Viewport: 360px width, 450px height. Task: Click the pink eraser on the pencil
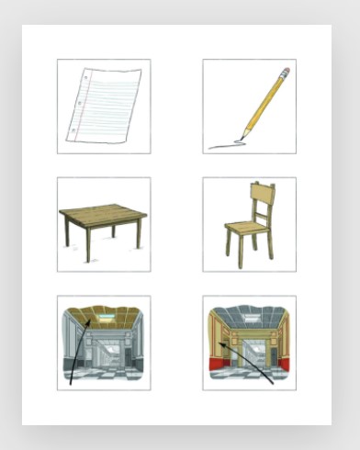point(285,72)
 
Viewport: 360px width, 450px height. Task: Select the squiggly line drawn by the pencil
point(224,144)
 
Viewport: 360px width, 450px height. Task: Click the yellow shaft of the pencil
point(264,103)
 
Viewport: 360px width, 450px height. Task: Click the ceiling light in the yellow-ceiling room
point(103,315)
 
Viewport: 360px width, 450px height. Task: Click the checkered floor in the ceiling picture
point(103,370)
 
